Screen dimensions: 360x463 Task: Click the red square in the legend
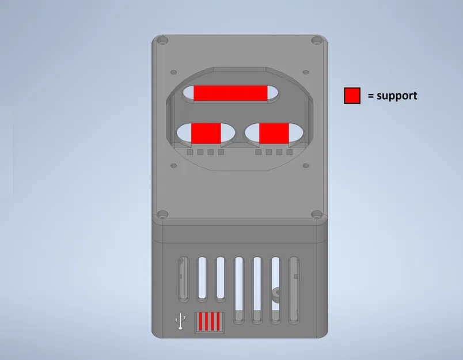352,96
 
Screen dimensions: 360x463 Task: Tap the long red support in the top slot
231,93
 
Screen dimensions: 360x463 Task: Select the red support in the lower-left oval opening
206,132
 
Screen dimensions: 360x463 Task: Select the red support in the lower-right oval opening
274,132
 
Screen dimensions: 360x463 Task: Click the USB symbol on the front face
180,321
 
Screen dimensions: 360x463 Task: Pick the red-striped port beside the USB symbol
209,321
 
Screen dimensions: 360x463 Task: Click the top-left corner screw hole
163,41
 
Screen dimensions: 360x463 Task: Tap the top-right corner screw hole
316,41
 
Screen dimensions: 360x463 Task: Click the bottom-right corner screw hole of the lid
316,214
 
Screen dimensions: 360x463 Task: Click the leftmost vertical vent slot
183,279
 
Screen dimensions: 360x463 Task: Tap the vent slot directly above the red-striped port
202,279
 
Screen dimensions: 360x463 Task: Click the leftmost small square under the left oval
190,153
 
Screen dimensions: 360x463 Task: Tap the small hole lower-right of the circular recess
306,165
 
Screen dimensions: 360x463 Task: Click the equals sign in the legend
370,96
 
